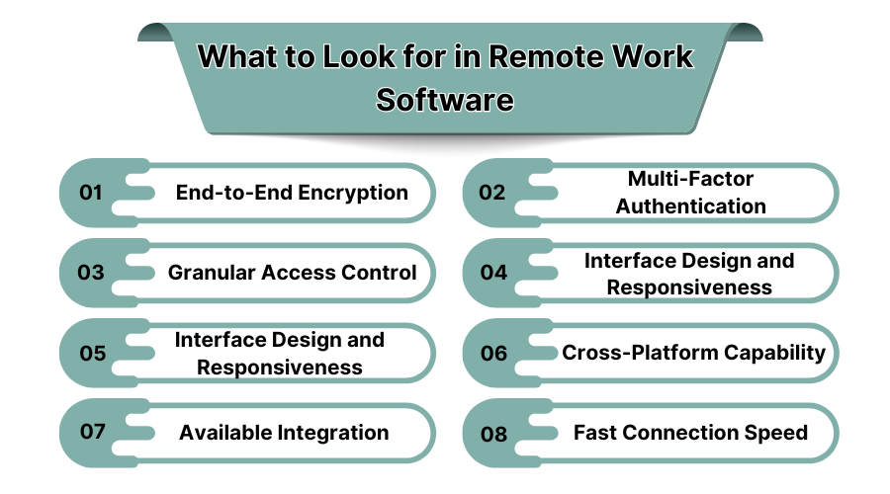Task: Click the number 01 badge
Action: click(91, 193)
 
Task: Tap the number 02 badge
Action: click(491, 193)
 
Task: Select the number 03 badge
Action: click(91, 273)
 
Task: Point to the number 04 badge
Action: click(492, 273)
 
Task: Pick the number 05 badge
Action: click(92, 353)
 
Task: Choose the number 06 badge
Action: click(492, 353)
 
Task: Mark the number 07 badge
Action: click(92, 433)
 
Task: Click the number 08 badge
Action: click(492, 433)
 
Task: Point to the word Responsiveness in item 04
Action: click(689, 288)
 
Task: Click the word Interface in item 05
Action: click(219, 339)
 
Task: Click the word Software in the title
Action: click(445, 101)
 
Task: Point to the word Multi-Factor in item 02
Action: click(690, 179)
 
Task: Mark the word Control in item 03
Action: click(379, 273)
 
